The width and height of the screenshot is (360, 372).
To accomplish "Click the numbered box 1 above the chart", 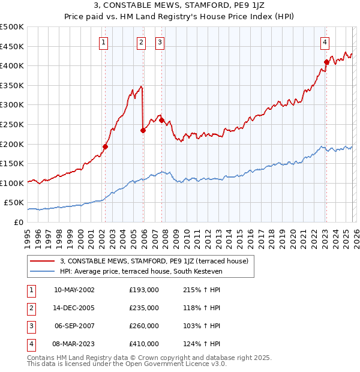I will click(104, 42).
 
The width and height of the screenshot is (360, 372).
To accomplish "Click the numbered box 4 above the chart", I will click(324, 42).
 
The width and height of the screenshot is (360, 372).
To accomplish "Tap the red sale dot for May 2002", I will click(105, 146).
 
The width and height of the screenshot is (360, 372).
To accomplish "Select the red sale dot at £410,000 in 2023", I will click(326, 62).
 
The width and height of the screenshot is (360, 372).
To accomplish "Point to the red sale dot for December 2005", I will click(143, 130).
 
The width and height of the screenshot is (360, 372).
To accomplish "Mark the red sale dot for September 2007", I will click(161, 121).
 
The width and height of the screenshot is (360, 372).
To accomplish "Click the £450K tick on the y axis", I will click(12, 46).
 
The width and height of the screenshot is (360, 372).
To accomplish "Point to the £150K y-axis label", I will click(12, 163).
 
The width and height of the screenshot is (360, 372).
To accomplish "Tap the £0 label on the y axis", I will click(18, 222).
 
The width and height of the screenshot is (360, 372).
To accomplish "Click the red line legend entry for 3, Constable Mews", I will click(157, 260).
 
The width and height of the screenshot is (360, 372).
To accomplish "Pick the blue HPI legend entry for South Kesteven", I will click(141, 271).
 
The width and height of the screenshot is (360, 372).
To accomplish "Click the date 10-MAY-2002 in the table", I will click(74, 290).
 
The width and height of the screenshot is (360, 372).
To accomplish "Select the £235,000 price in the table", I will click(144, 308).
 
